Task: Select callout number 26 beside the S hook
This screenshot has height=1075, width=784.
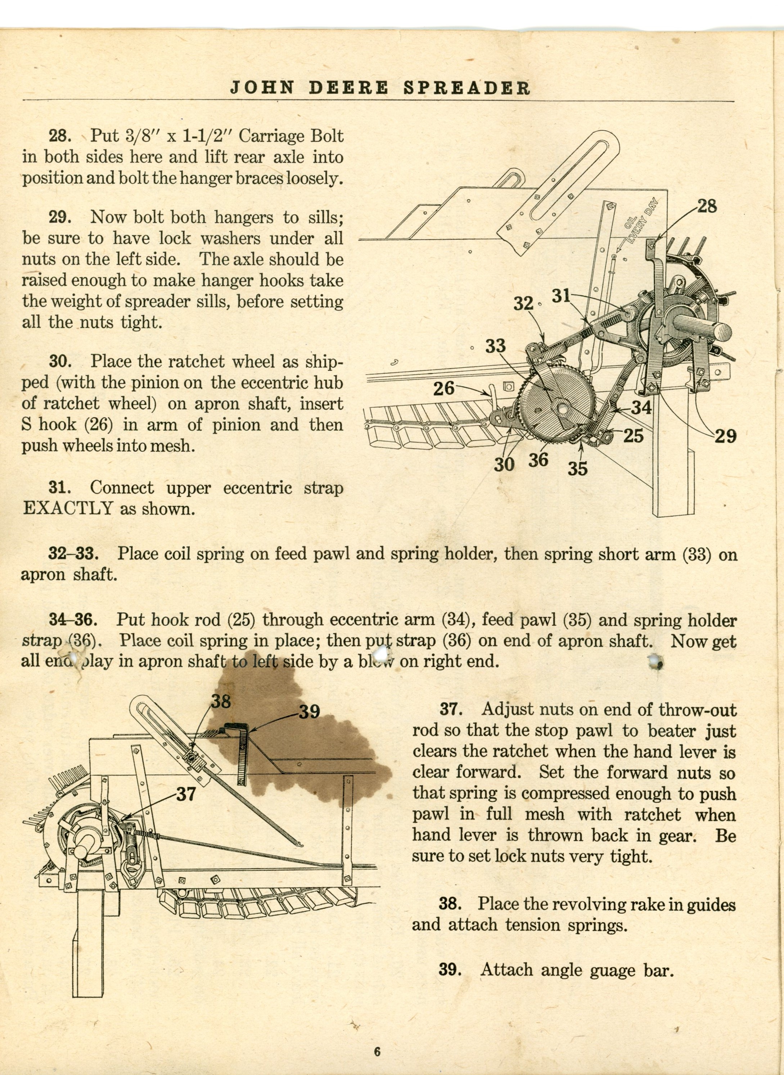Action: click(x=444, y=388)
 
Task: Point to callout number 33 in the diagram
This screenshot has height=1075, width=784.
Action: click(x=495, y=346)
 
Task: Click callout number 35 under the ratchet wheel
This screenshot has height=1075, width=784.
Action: click(x=577, y=468)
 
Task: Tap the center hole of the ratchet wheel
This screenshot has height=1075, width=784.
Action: click(x=563, y=407)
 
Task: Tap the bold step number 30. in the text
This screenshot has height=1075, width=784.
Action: click(x=60, y=362)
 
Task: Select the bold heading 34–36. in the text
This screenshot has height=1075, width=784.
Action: click(x=73, y=620)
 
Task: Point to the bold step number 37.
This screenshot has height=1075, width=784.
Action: click(x=450, y=709)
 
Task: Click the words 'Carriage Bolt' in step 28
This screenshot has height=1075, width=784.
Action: click(x=291, y=136)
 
